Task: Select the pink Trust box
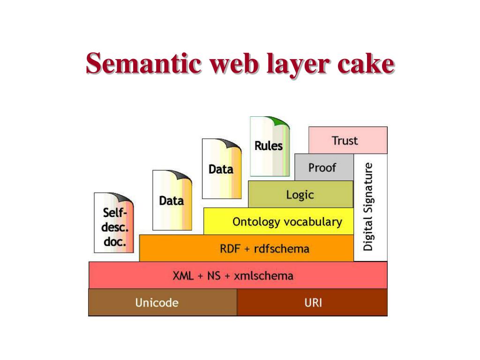(347, 140)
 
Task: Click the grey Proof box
(323, 167)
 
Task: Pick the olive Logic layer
(300, 194)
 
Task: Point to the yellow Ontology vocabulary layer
(287, 222)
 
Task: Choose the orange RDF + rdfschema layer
(264, 248)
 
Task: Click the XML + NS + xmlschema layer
(238, 275)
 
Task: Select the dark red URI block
(313, 302)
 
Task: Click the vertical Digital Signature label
(369, 206)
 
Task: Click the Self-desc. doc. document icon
(114, 223)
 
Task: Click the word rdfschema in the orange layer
(281, 248)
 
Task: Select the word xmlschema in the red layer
(264, 275)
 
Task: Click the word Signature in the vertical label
(369, 187)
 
